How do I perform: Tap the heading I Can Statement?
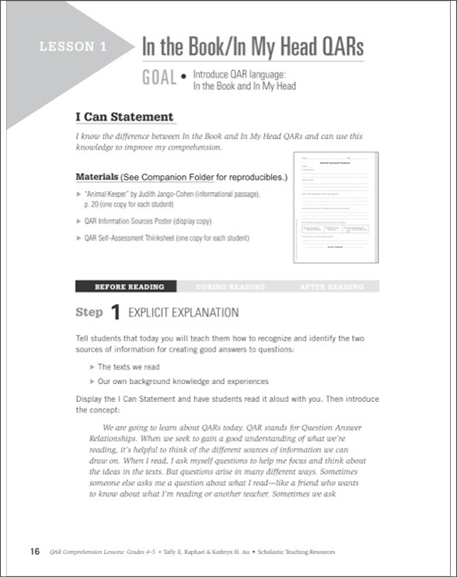click(124, 117)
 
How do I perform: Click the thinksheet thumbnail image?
click(335, 206)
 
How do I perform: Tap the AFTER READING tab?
click(331, 287)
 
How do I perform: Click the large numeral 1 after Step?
click(114, 313)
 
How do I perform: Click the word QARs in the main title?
click(336, 47)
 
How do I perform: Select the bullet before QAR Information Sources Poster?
click(78, 221)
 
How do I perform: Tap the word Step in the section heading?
click(89, 313)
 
